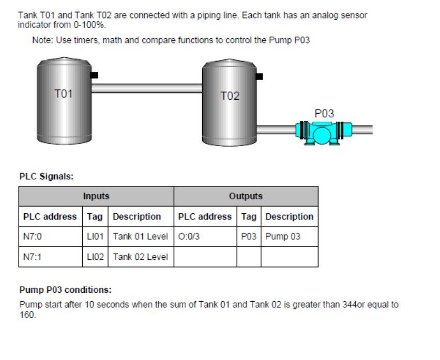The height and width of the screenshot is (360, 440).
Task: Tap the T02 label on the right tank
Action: [230, 96]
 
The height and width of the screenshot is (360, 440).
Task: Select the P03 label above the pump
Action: [324, 113]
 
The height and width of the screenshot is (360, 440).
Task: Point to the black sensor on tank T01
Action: [94, 75]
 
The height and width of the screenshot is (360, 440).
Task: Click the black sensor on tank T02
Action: [260, 76]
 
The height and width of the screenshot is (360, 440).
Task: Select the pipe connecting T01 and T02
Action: [147, 88]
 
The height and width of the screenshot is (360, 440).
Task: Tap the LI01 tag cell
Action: [95, 236]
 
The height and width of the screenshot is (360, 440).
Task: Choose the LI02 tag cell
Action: [95, 257]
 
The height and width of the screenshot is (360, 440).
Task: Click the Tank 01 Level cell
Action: [141, 236]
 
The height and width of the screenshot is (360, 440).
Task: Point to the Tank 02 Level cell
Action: [141, 257]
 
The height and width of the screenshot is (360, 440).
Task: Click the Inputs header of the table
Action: [96, 196]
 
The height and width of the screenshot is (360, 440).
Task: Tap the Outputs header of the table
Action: [246, 196]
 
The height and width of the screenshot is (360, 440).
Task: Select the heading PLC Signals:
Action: [47, 176]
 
